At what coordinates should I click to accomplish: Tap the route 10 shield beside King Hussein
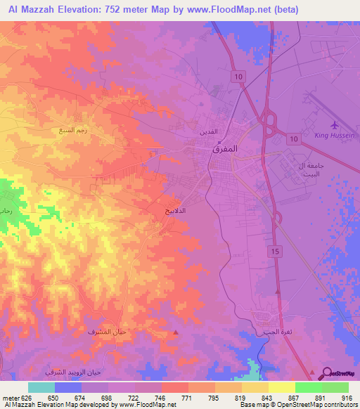(x=294, y=140)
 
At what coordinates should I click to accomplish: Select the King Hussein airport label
(x=337, y=134)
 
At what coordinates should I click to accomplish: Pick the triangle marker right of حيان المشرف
(x=176, y=332)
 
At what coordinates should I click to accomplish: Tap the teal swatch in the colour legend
(x=41, y=387)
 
